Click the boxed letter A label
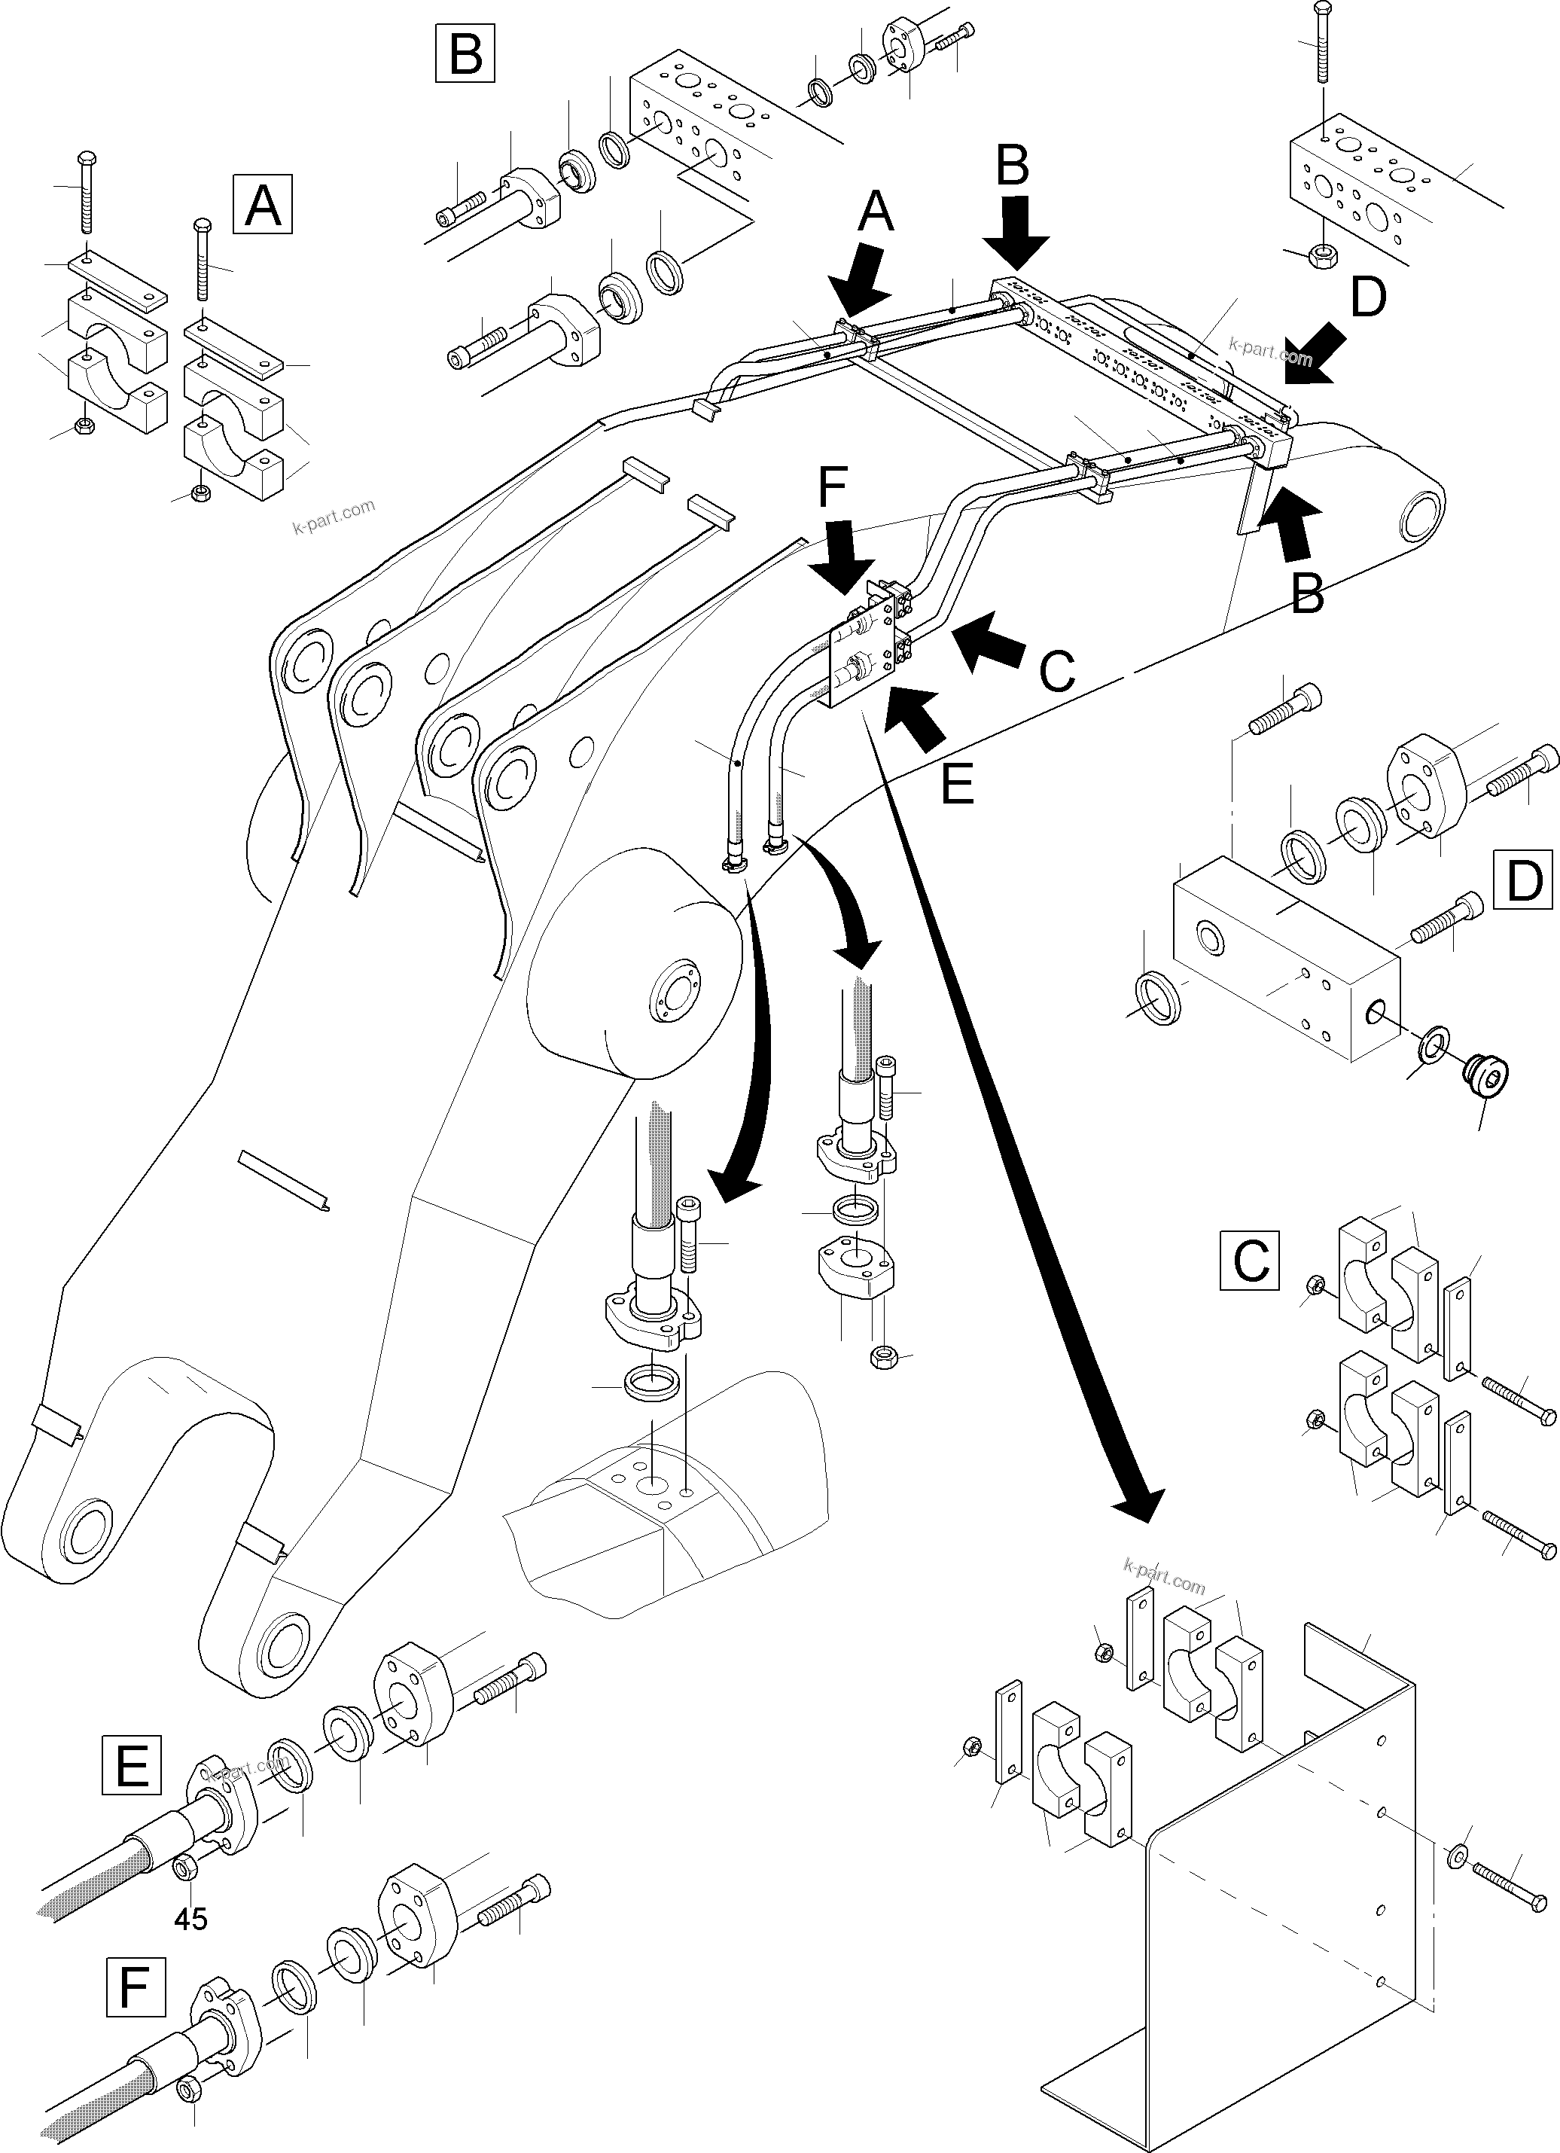tap(263, 204)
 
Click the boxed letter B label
tap(465, 54)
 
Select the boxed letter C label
tap(1250, 1261)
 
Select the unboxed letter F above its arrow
tap(832, 491)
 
